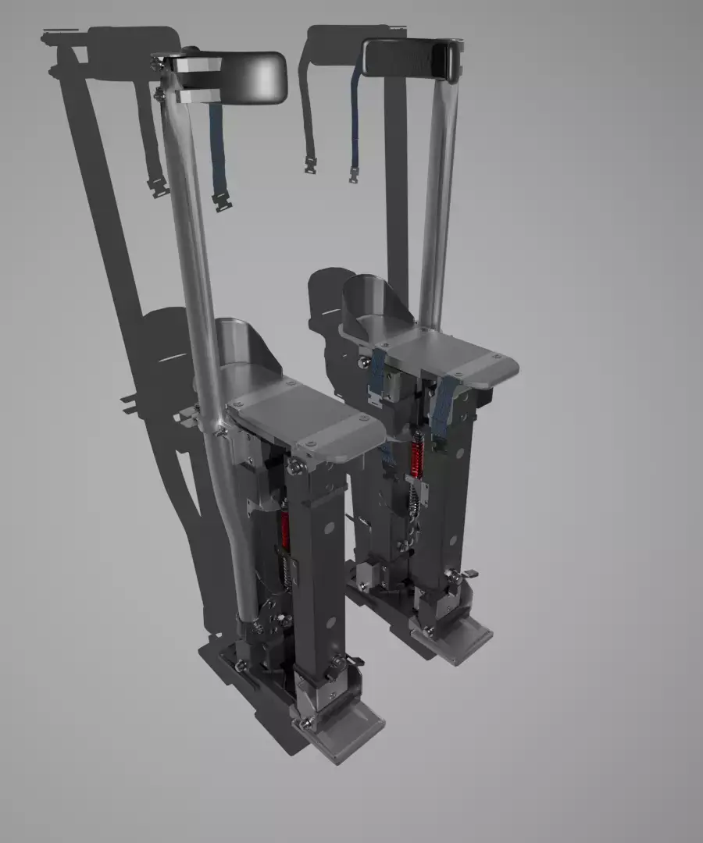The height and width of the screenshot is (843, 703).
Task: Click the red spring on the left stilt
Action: point(285,529)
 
